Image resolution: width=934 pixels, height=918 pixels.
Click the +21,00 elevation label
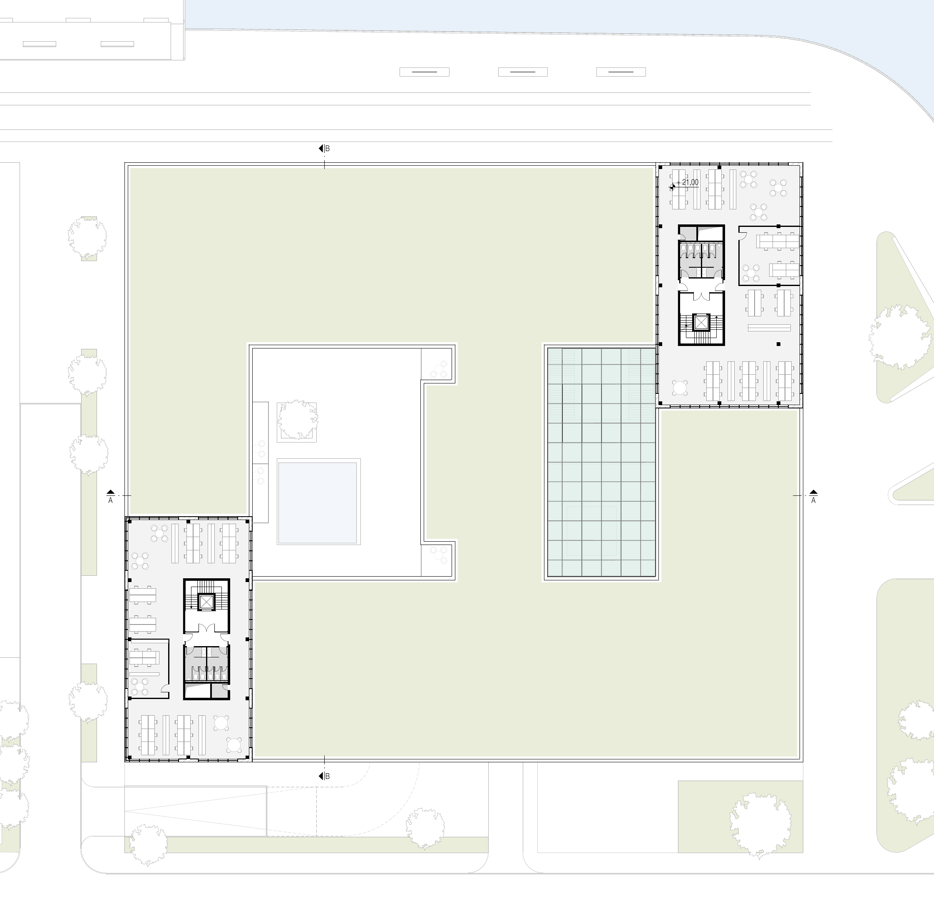688,182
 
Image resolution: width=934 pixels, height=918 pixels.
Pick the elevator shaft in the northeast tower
701,322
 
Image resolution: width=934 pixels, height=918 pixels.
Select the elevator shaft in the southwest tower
206,602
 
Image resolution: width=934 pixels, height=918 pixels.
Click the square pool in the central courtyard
318,501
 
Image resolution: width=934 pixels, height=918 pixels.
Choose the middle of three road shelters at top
523,72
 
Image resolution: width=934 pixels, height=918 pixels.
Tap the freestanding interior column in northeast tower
778,344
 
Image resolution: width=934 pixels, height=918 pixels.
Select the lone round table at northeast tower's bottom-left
680,387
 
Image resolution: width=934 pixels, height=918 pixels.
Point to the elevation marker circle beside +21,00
672,186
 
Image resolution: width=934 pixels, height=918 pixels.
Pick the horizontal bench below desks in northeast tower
769,328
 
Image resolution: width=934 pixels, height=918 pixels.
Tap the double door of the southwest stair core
206,628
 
